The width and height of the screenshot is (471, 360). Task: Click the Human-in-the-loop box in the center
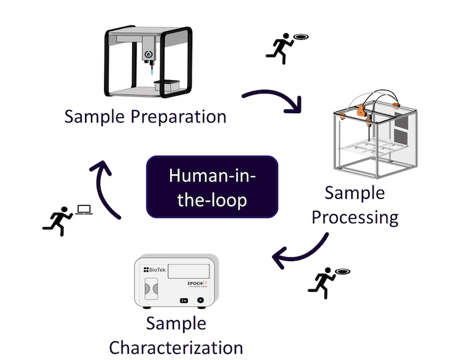[213, 187]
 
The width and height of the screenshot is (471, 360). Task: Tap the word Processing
[355, 216]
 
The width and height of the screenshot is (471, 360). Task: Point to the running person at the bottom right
[321, 281]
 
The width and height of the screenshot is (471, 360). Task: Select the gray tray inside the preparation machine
[167, 85]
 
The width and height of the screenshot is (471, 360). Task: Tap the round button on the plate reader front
[200, 300]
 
